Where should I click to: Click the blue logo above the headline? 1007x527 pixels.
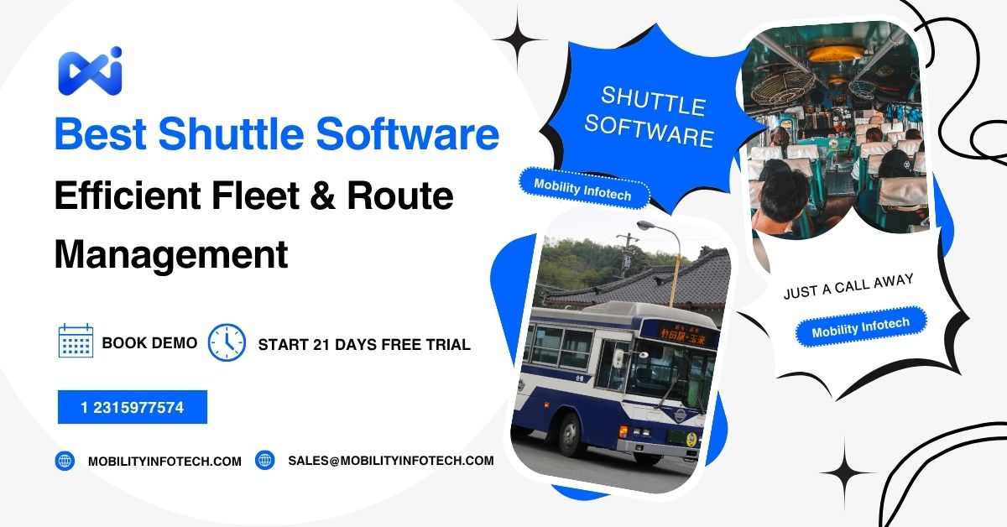click(x=90, y=70)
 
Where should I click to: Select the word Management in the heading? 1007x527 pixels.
click(x=170, y=253)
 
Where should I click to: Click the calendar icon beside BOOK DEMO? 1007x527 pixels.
click(x=76, y=342)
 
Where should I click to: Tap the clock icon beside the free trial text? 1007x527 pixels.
click(x=227, y=343)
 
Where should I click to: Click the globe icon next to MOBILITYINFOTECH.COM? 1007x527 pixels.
click(x=65, y=461)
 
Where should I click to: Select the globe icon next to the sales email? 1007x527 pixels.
click(x=265, y=460)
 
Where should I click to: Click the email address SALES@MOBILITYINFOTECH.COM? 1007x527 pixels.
click(x=390, y=461)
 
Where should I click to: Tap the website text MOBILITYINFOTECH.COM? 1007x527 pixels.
click(x=164, y=461)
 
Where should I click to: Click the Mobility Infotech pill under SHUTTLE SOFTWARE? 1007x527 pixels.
click(x=585, y=188)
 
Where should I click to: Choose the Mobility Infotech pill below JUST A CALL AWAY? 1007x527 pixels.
click(x=860, y=326)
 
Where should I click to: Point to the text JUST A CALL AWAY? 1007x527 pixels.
click(x=848, y=285)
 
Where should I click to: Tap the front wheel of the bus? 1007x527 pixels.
click(x=572, y=436)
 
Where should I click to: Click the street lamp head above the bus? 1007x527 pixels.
click(x=647, y=227)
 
